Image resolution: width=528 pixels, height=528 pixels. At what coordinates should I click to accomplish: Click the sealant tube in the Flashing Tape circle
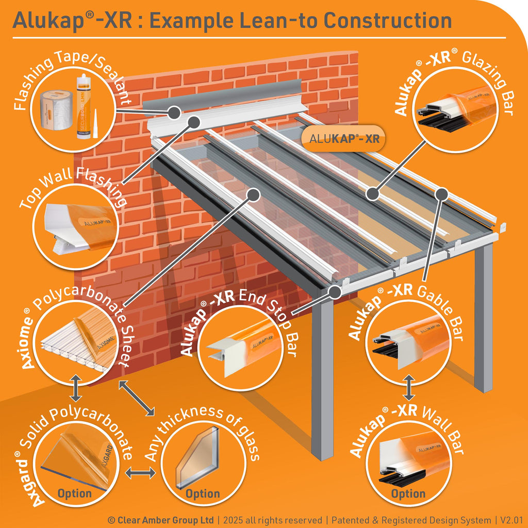click(84, 106)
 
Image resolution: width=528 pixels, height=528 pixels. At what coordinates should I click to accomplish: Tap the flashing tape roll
click(56, 110)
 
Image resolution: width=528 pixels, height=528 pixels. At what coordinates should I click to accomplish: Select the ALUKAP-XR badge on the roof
click(344, 138)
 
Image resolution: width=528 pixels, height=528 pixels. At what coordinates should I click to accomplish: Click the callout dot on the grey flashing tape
click(174, 112)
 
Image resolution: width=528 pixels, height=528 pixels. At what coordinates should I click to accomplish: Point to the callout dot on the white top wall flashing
click(194, 122)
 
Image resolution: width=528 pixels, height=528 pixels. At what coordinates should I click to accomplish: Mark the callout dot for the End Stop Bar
click(335, 292)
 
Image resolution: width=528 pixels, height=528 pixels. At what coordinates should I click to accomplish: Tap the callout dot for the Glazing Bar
click(372, 194)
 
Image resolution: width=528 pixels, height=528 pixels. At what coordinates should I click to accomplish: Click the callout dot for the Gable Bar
click(441, 194)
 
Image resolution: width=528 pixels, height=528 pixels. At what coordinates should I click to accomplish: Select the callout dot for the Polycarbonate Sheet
click(253, 194)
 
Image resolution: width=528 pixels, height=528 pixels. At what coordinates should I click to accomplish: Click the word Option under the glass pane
click(203, 493)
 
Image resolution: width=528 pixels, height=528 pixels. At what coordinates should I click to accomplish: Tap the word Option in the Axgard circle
click(75, 493)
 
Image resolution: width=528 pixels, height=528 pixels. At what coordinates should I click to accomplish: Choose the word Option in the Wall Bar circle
click(408, 493)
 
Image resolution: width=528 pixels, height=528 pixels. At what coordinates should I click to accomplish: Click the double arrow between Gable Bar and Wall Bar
click(408, 388)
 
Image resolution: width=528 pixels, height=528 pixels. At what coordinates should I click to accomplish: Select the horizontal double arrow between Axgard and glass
click(140, 473)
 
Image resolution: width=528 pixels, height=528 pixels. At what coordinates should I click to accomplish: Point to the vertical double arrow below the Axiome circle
click(76, 388)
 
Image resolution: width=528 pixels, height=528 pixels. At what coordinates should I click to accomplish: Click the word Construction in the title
click(388, 21)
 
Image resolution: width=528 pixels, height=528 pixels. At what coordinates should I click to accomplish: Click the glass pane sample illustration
click(197, 458)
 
